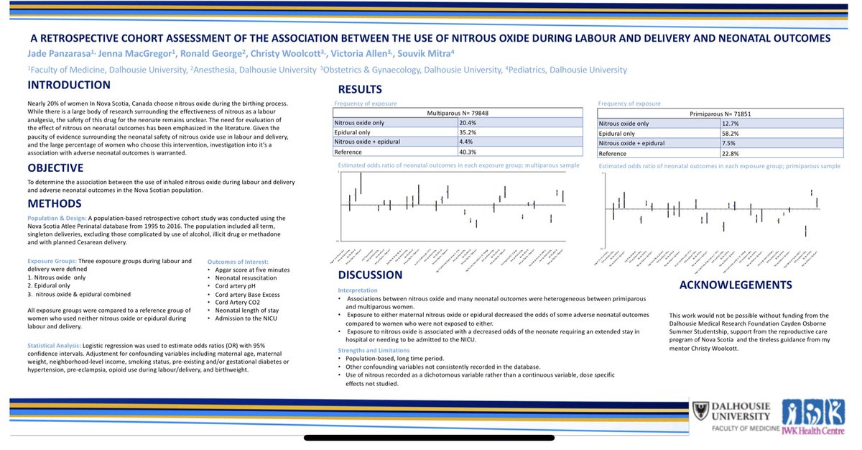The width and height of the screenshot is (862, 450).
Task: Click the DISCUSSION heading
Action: pos(371,275)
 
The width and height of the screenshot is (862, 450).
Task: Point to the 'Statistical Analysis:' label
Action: pos(54,346)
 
